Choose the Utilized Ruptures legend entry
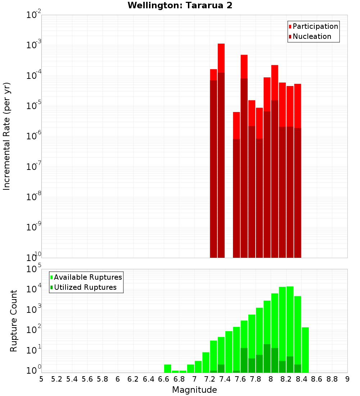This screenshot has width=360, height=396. click(x=85, y=287)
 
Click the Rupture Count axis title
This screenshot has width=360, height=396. click(x=14, y=320)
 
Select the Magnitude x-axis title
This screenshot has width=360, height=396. click(x=194, y=390)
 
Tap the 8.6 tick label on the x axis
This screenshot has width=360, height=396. click(x=317, y=379)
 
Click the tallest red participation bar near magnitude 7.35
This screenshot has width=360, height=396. click(x=221, y=58)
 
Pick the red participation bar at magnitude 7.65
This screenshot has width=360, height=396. click(x=244, y=67)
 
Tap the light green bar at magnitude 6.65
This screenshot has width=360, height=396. click(x=167, y=369)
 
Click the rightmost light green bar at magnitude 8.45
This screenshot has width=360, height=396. click(x=305, y=349)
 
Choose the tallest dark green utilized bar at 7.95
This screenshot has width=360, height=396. click(x=267, y=358)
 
